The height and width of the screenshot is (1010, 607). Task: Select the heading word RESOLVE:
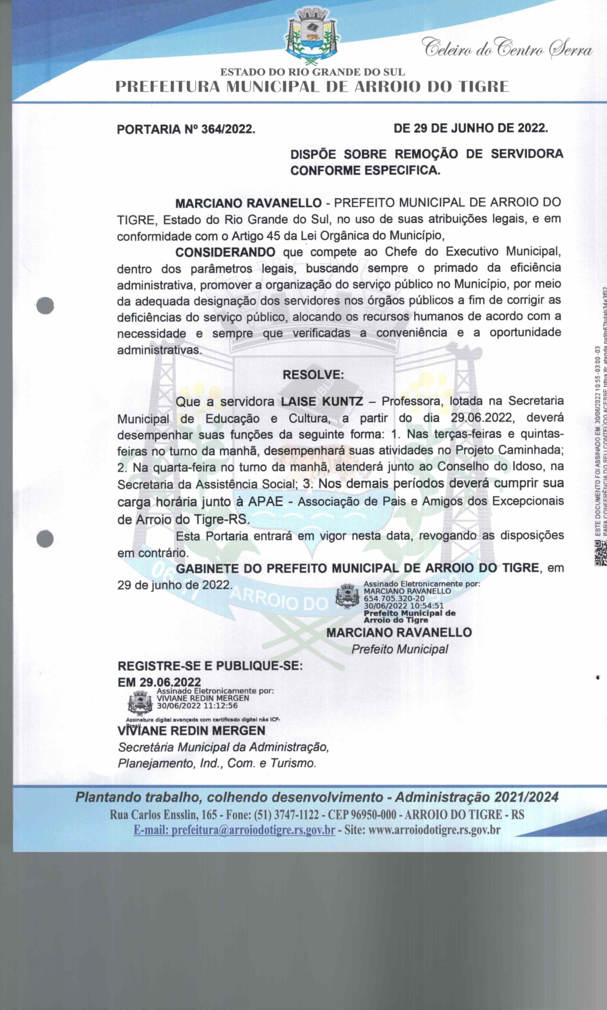point(307,374)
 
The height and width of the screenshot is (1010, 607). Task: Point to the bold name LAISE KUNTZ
point(322,401)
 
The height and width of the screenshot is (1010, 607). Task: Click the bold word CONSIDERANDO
point(225,252)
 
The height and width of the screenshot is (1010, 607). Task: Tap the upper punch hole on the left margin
point(45,305)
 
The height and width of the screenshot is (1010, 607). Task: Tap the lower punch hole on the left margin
point(45,539)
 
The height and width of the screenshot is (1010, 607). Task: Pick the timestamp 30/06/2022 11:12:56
point(197,705)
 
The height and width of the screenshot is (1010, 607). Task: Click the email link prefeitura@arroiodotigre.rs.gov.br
point(234,830)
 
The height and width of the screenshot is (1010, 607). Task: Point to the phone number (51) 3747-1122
point(286,814)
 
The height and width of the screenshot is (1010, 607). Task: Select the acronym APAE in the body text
point(266,501)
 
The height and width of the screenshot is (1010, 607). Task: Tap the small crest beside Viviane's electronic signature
point(140,702)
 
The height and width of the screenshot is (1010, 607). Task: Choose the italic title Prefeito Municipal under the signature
point(400,649)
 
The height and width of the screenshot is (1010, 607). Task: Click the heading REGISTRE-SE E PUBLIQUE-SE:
point(210,666)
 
